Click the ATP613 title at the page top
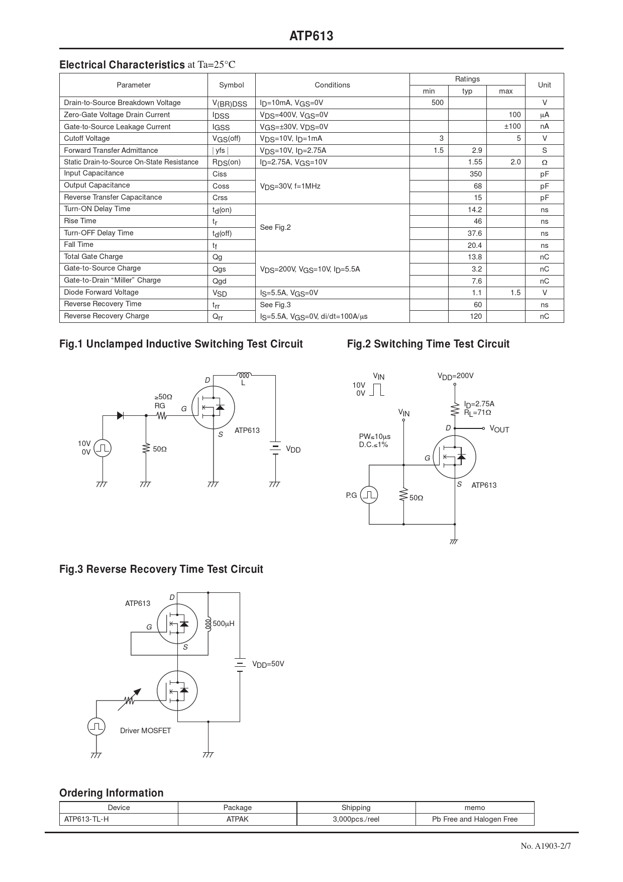tap(311, 36)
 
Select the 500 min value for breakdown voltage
tap(437, 103)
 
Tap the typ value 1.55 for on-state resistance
tap(474, 162)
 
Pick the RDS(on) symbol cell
tap(227, 162)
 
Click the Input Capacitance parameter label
tap(94, 173)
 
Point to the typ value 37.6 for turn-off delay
tap(474, 233)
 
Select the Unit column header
tap(544, 85)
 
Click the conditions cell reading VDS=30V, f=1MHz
tap(290, 186)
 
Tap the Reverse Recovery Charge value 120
tap(475, 316)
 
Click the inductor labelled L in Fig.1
tap(244, 376)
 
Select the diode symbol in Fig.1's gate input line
tap(121, 415)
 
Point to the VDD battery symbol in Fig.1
tap(275, 448)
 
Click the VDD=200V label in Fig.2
tap(455, 376)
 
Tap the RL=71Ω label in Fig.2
tap(477, 413)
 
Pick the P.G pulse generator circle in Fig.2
tap(369, 495)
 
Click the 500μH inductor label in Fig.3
tap(223, 624)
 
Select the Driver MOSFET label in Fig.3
tap(145, 731)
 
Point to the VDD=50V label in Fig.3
tap(268, 664)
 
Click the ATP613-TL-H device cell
tap(86, 819)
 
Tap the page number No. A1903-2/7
tap(546, 846)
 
